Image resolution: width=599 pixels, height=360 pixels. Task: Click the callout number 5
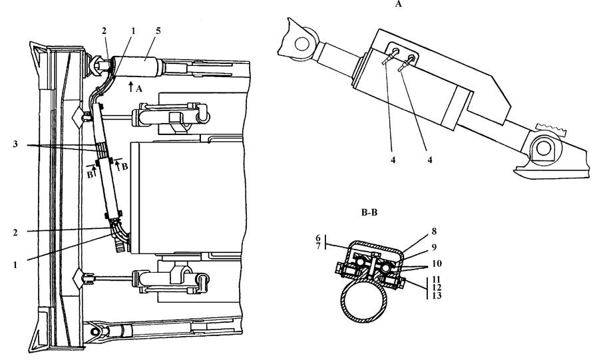click(158, 31)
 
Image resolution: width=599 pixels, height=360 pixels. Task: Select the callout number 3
click(15, 144)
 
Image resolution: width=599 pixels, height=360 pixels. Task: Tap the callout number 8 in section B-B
click(434, 232)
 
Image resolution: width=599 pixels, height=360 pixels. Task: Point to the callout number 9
click(434, 248)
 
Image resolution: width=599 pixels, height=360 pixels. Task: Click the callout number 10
click(437, 264)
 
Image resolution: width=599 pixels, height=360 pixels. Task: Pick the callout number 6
click(318, 238)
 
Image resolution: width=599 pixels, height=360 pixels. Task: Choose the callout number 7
click(318, 246)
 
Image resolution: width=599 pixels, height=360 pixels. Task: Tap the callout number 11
click(436, 280)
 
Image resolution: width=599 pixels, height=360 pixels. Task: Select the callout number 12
click(436, 287)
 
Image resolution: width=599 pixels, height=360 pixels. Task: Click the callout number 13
click(436, 295)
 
